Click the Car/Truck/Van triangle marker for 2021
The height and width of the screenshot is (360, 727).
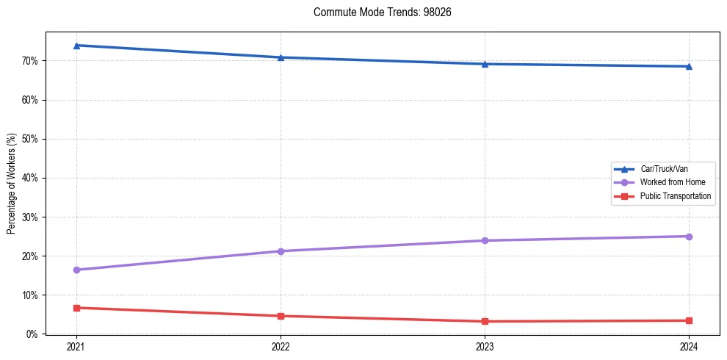[76, 46]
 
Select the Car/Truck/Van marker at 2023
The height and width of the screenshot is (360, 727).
[485, 64]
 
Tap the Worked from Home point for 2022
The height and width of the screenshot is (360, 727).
[281, 251]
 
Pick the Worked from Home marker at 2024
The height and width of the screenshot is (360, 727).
[689, 237]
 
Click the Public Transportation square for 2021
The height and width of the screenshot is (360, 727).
[76, 308]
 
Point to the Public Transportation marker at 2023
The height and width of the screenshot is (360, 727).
[485, 321]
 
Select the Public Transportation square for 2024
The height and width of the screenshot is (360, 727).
[689, 320]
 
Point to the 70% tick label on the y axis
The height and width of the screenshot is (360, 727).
[30, 61]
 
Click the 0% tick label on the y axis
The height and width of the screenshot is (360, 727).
[32, 334]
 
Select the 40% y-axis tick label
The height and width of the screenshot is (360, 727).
[30, 178]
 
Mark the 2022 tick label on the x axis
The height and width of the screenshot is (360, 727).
[281, 346]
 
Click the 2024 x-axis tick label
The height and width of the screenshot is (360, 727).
[689, 346]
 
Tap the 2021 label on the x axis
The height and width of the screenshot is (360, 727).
[76, 346]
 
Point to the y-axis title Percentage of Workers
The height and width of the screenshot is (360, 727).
[12, 184]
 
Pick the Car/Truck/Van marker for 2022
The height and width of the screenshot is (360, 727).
[281, 57]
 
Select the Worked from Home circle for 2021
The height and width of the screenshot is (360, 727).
[76, 270]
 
